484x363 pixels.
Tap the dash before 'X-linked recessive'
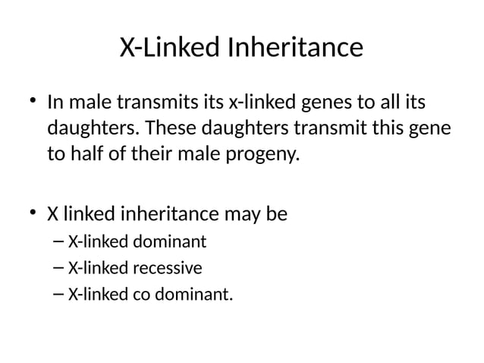pos(60,267)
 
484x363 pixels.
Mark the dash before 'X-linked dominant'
pos(60,242)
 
